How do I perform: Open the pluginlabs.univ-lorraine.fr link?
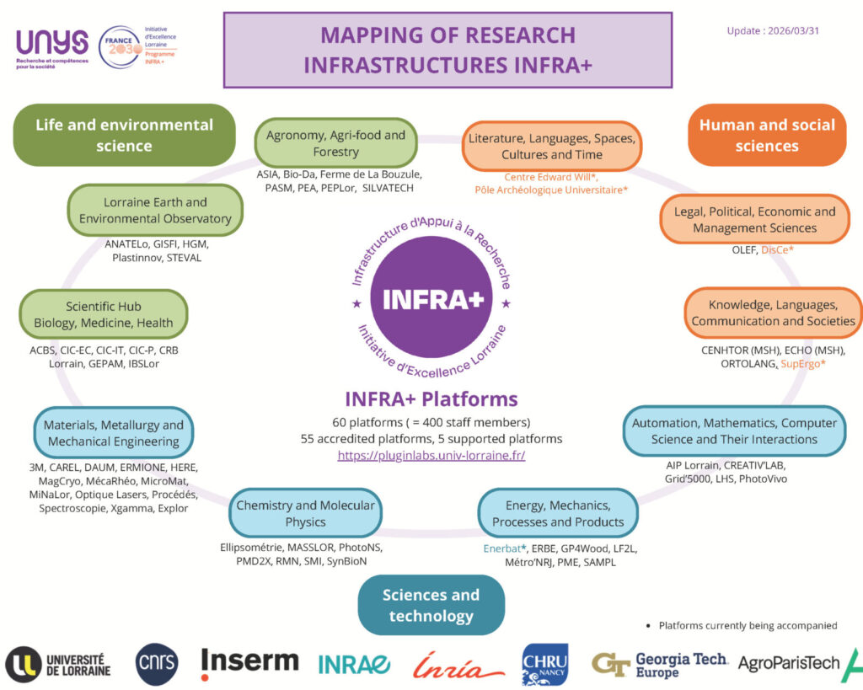[x=431, y=455]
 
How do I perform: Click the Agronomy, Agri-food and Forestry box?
[x=335, y=143]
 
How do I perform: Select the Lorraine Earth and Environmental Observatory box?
[x=155, y=211]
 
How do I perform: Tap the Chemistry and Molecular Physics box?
[x=305, y=513]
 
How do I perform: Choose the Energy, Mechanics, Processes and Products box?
[x=558, y=513]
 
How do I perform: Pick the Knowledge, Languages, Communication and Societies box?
[x=773, y=313]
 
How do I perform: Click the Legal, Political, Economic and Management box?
[x=754, y=219]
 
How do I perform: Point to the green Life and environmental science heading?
[x=124, y=135]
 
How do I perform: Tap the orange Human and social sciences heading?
[x=766, y=135]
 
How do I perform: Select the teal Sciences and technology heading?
[x=431, y=605]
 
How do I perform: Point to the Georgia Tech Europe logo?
[x=659, y=665]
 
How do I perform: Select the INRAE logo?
[x=354, y=665]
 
